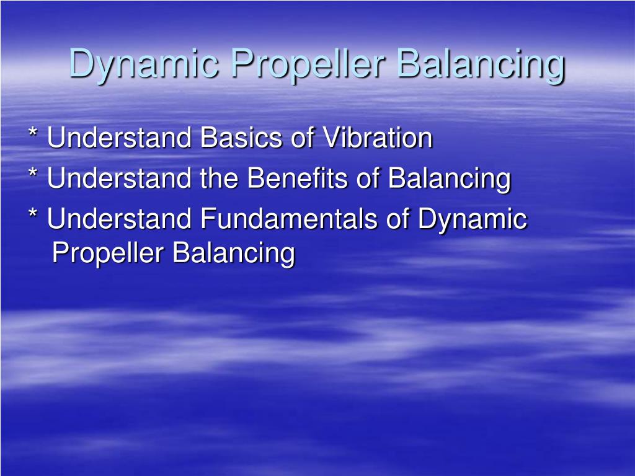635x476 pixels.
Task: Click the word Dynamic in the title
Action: [x=143, y=65]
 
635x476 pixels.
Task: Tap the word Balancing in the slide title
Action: [x=481, y=65]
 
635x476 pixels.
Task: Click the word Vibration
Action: [x=376, y=138]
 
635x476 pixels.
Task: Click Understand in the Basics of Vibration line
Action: [x=120, y=138]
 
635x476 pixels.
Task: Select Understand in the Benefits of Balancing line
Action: [x=120, y=178]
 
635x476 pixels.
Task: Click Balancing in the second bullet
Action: [x=450, y=180]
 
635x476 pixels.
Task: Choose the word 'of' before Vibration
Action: [x=303, y=138]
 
